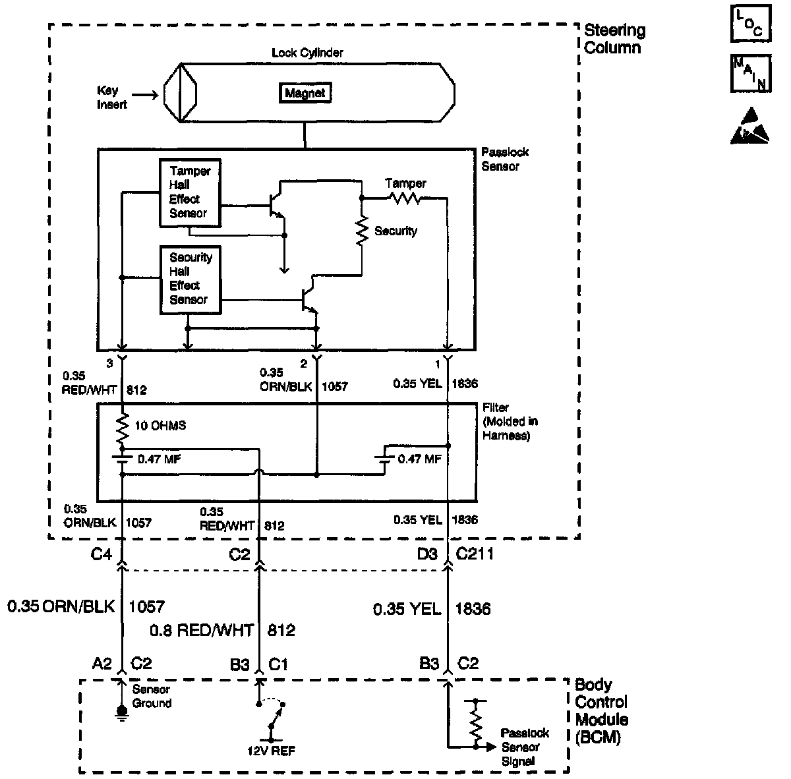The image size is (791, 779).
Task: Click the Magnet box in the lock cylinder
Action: (305, 94)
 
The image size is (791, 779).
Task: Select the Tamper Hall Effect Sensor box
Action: (190, 192)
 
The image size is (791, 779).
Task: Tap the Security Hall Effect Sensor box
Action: (190, 279)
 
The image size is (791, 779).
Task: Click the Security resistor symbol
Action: (362, 231)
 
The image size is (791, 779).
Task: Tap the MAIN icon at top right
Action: (750, 72)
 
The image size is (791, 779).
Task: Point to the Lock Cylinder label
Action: (307, 52)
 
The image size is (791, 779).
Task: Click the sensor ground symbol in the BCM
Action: (121, 711)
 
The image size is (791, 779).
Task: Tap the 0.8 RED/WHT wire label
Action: (202, 630)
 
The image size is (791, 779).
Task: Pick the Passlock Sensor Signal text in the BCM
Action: (525, 747)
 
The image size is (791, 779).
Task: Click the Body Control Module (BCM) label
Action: (601, 711)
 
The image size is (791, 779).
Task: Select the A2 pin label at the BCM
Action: (102, 664)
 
